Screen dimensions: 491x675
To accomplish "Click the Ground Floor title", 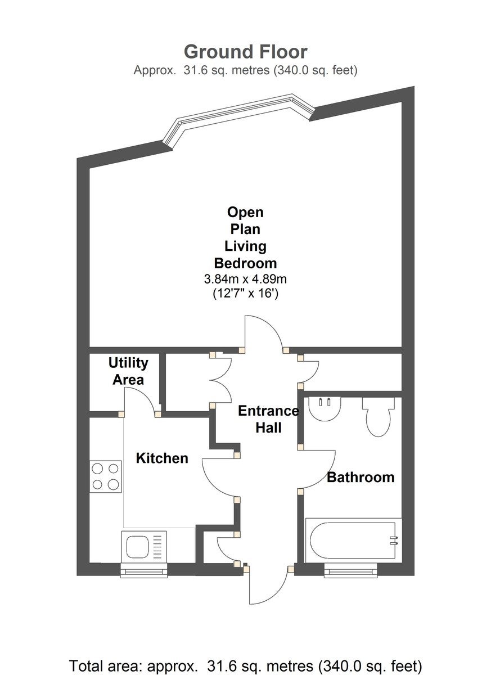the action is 245,52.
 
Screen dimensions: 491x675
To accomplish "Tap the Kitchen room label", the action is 162,458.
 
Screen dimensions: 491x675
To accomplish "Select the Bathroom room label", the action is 361,477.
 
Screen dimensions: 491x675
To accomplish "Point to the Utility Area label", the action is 128,371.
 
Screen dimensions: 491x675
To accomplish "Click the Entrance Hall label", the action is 268,419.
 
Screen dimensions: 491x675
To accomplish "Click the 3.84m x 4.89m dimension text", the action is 245,280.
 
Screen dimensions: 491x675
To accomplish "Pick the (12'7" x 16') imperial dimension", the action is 245,293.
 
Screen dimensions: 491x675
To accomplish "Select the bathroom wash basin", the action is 325,409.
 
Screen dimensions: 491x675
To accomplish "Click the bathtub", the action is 353,541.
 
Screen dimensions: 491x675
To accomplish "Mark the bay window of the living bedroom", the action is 238,121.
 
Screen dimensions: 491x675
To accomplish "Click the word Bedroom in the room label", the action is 245,263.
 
